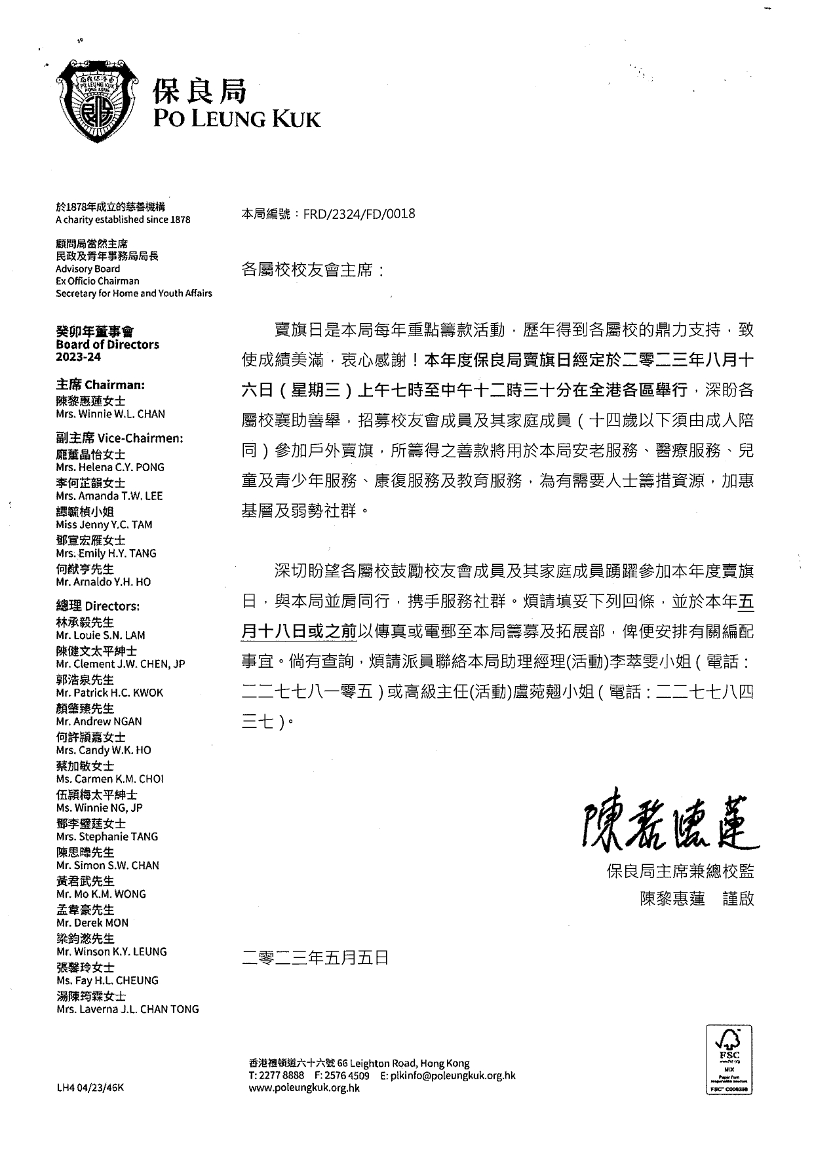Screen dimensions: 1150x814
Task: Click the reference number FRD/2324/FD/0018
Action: (x=359, y=214)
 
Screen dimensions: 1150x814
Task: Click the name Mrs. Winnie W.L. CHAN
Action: (x=110, y=414)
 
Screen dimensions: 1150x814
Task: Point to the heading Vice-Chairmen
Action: (x=141, y=438)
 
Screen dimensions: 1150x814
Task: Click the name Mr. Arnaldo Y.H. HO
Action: (x=103, y=582)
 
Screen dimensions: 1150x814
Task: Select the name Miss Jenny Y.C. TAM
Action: (x=104, y=524)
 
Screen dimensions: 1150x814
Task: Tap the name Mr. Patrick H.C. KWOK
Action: (x=109, y=693)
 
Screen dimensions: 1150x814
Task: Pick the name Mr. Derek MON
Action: (x=92, y=923)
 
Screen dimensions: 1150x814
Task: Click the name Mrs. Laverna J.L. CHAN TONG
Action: (x=127, y=1009)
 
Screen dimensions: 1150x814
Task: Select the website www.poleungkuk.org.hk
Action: (x=304, y=1088)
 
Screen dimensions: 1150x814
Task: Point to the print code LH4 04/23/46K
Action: (x=90, y=1088)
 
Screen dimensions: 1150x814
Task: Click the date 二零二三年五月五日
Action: (x=315, y=958)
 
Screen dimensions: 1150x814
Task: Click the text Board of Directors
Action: (x=107, y=345)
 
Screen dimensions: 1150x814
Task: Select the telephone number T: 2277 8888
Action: (x=276, y=1075)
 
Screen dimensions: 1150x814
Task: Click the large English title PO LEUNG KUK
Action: (x=237, y=119)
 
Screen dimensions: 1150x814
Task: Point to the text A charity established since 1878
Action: (x=123, y=220)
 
